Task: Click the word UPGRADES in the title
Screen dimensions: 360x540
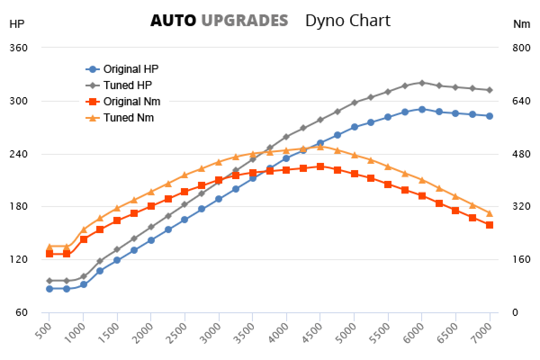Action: (x=244, y=20)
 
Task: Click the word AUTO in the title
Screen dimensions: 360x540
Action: (x=173, y=20)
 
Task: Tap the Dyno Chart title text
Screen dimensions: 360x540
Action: (x=347, y=20)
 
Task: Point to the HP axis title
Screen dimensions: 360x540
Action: (x=17, y=24)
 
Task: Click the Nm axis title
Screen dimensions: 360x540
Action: (x=522, y=24)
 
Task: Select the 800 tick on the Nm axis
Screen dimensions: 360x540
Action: (x=521, y=48)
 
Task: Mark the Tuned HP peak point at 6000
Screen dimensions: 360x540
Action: (x=422, y=83)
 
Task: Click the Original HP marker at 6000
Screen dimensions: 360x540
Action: (x=422, y=109)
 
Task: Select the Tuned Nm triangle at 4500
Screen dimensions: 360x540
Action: (x=320, y=147)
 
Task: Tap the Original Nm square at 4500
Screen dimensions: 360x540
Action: (x=320, y=166)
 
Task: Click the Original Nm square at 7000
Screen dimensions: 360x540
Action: (x=489, y=225)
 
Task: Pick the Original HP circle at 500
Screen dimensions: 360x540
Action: (x=49, y=288)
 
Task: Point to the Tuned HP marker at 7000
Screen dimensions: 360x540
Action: (x=489, y=90)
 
